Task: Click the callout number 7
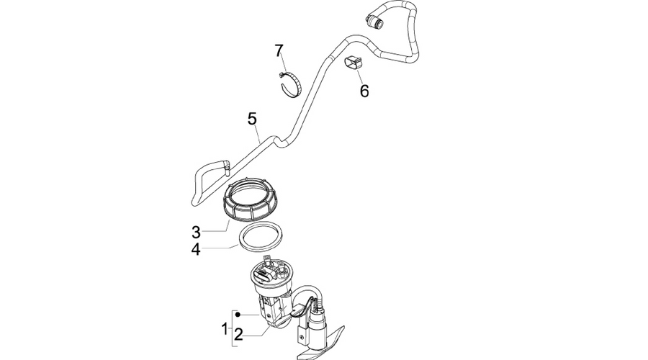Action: [x=279, y=51]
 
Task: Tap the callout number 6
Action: [x=364, y=91]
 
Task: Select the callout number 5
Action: [x=252, y=119]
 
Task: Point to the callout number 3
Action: [x=196, y=233]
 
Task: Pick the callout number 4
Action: [x=196, y=250]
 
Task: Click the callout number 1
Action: [x=225, y=330]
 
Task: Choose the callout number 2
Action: [x=238, y=335]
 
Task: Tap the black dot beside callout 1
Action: [x=238, y=315]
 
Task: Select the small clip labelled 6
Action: [x=354, y=63]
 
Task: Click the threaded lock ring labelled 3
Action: [x=251, y=199]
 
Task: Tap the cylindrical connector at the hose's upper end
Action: [x=374, y=21]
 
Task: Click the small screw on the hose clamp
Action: [x=281, y=75]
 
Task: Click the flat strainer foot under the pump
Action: [x=320, y=343]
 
